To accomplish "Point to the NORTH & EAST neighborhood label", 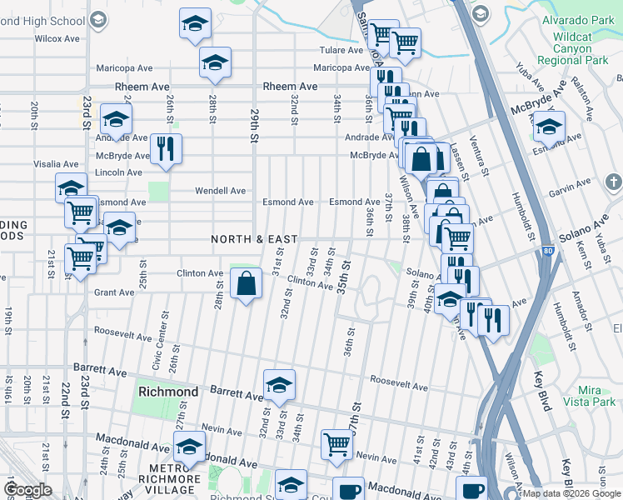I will [x=254, y=239].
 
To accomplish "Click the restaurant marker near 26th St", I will [x=165, y=149].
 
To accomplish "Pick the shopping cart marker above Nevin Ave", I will [x=336, y=443].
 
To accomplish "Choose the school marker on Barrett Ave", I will [x=279, y=383].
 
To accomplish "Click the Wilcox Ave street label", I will [x=57, y=38].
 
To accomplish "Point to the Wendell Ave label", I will [x=220, y=191].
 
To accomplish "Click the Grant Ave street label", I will [x=114, y=292].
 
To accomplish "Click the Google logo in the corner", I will [x=27, y=490].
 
